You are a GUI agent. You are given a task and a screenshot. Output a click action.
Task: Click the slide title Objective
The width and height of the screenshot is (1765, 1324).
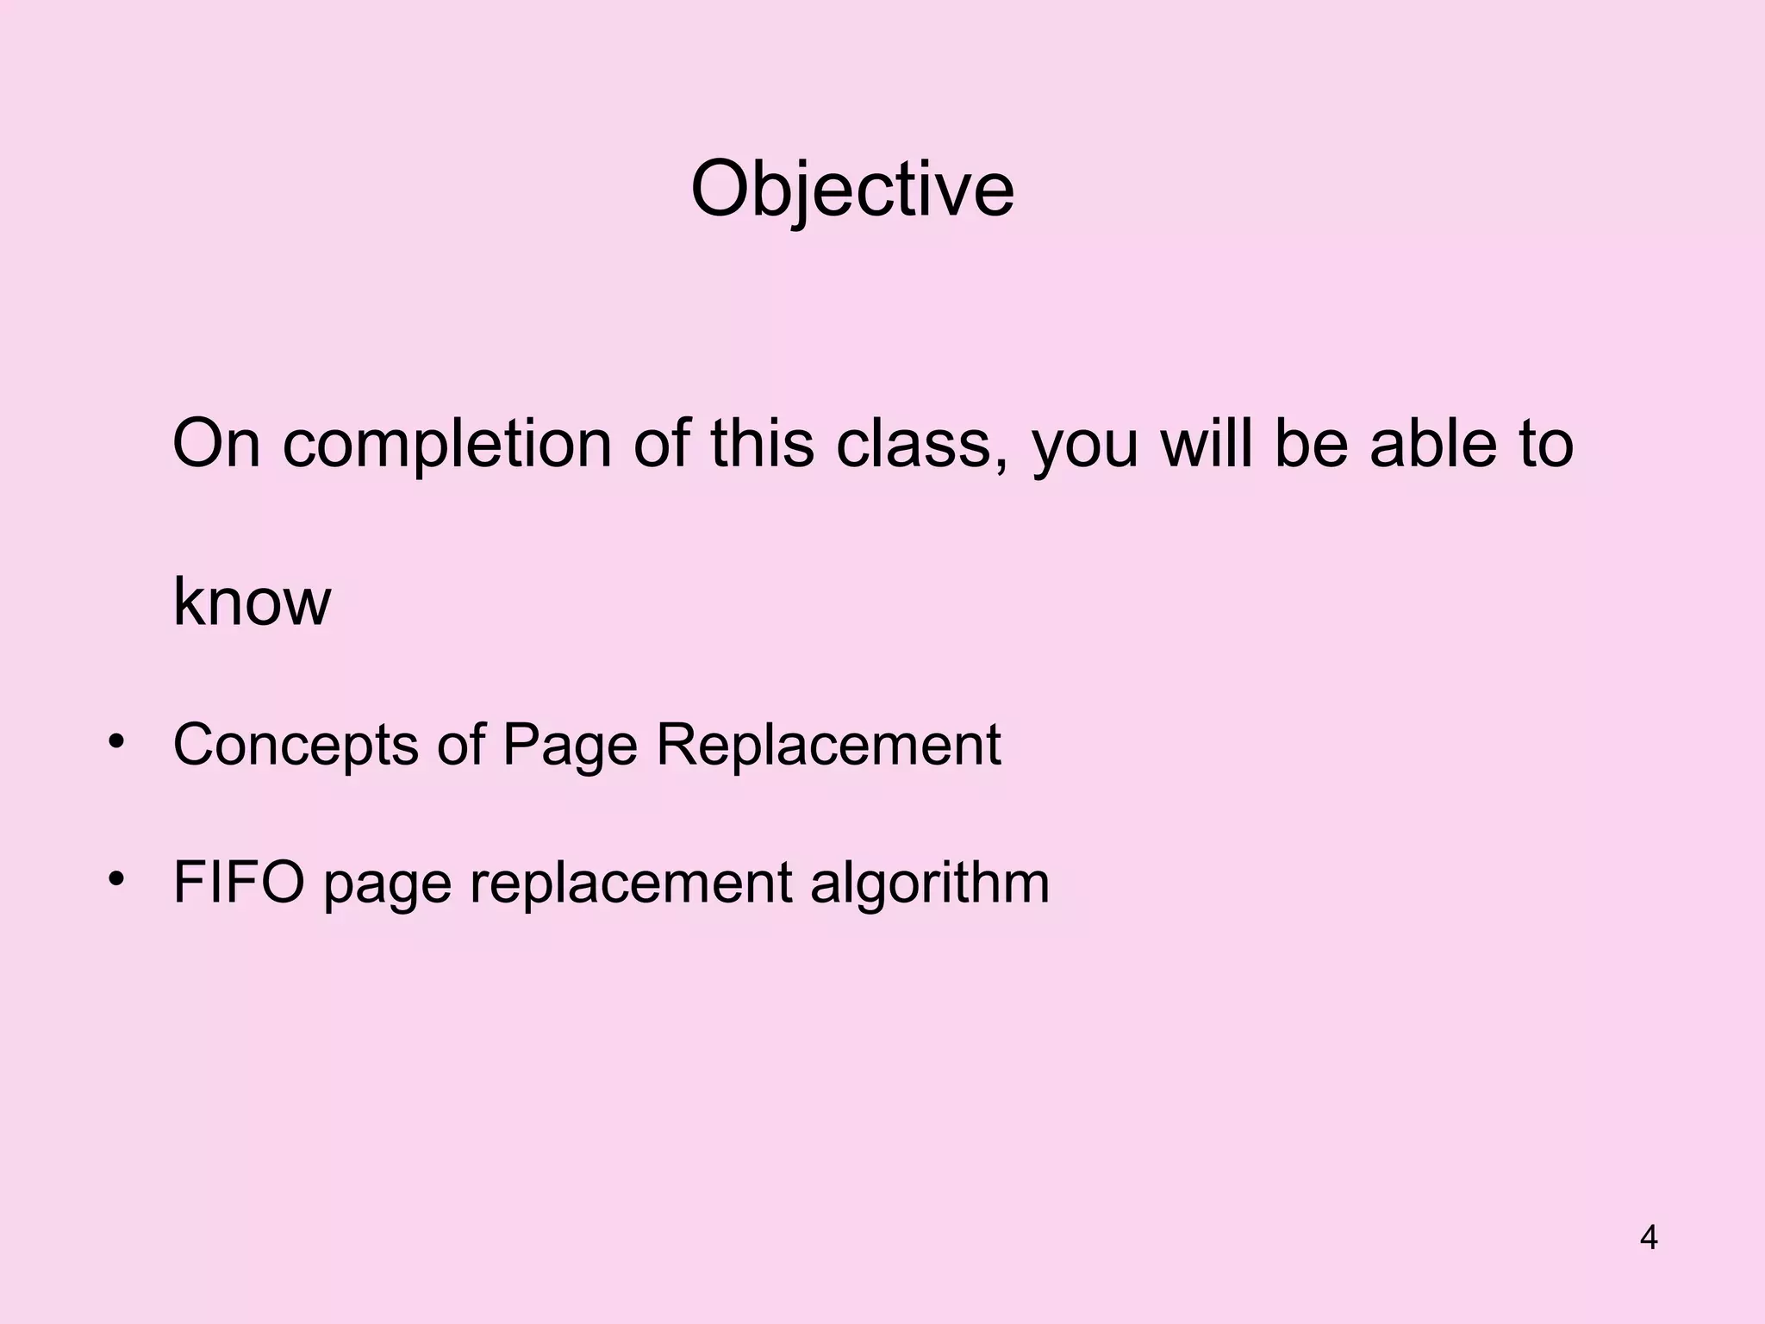(x=852, y=190)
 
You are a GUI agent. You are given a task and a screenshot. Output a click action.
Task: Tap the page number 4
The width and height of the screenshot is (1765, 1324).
(x=1649, y=1238)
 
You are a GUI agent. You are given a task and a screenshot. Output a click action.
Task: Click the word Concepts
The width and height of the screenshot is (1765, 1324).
(x=295, y=745)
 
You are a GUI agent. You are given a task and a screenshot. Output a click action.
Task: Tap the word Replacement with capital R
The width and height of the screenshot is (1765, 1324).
(x=828, y=745)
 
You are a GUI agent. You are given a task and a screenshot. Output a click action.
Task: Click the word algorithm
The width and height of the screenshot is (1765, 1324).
(x=930, y=883)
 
